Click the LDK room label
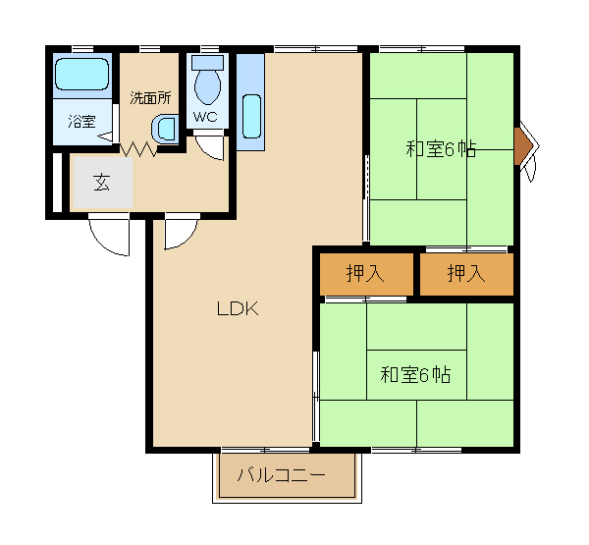tap(238, 308)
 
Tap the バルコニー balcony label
tap(281, 475)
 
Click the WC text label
tap(205, 117)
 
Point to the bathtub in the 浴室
tap(81, 74)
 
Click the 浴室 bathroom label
tap(81, 121)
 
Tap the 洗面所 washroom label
tap(150, 98)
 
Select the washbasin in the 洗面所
tap(165, 130)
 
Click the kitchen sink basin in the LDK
tap(251, 116)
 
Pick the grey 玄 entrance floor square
tap(102, 183)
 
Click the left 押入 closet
tap(366, 274)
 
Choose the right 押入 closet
tap(466, 274)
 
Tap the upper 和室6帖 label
tap(441, 149)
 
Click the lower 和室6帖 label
tap(415, 374)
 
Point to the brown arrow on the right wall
tap(523, 146)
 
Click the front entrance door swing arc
tap(103, 244)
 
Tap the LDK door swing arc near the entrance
tap(186, 238)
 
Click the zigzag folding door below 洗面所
tap(138, 149)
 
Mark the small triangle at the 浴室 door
tap(105, 136)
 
